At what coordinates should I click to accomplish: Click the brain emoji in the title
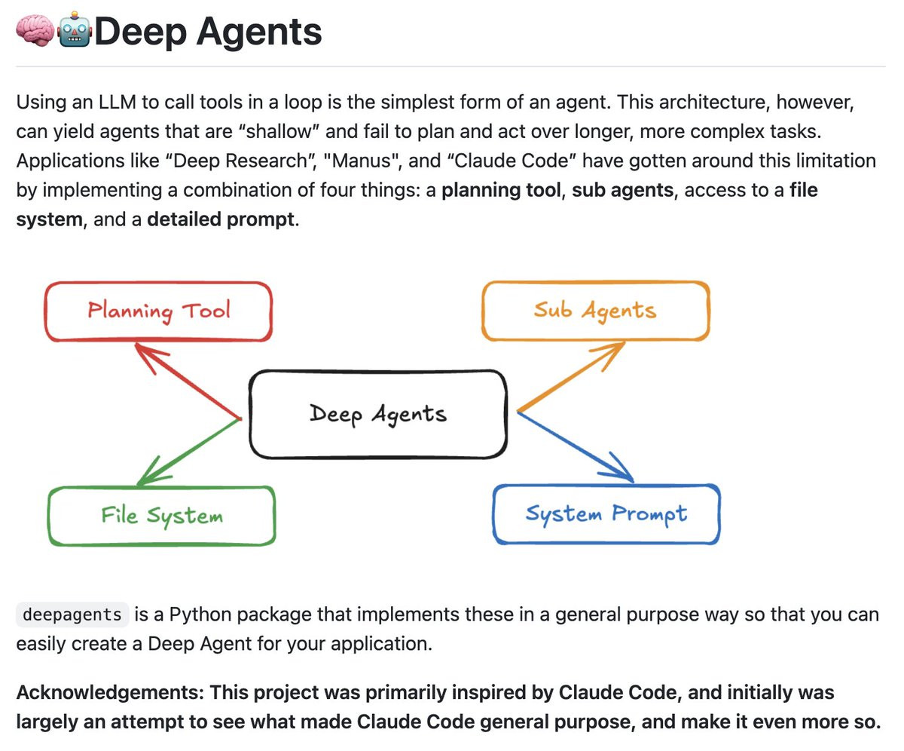point(35,30)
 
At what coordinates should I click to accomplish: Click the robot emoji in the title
point(75,29)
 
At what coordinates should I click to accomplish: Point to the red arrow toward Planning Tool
point(188,381)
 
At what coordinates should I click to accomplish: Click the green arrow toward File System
point(189,452)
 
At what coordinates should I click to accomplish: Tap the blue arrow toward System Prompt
point(576,446)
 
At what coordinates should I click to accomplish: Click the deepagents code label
point(72,615)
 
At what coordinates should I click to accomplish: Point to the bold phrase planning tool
point(501,190)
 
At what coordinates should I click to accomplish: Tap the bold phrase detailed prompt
point(221,219)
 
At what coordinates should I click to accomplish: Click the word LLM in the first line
point(118,103)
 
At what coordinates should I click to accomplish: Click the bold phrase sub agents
point(623,190)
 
